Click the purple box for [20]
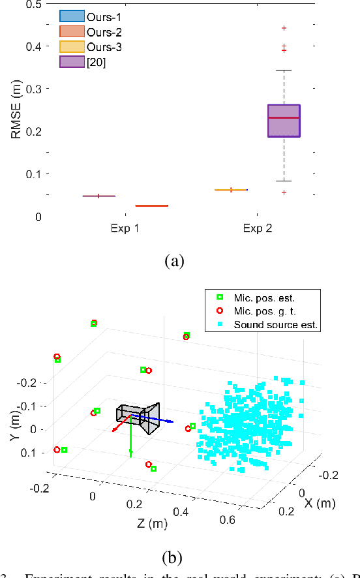pos(284,121)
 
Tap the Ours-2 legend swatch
pos(71,31)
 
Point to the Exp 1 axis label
pos(125,228)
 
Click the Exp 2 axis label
pos(257,228)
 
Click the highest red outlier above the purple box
pos(284,28)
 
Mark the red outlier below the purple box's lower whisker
pos(284,192)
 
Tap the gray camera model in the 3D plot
pos(137,418)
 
